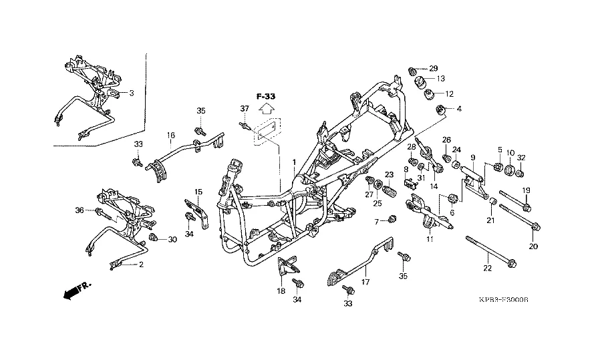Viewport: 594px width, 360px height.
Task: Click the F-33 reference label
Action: [x=265, y=96]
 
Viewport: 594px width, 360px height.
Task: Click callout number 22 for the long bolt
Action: [x=487, y=268]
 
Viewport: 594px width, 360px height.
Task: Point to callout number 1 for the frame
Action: [x=293, y=162]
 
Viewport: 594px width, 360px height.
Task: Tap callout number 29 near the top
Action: [x=433, y=69]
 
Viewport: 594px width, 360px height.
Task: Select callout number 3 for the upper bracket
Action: [x=132, y=93]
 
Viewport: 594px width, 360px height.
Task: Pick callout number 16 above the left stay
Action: [x=171, y=136]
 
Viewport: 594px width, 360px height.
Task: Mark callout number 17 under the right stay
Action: [x=365, y=283]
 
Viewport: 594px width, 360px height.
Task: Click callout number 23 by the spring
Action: [x=388, y=175]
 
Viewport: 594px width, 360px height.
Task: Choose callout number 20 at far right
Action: [x=533, y=246]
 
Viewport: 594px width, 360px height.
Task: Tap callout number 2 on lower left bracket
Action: [x=141, y=264]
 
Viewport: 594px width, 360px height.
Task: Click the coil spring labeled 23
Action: [x=390, y=188]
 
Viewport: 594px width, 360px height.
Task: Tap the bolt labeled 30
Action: [x=154, y=238]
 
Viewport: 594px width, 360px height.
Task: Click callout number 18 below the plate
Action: [x=281, y=291]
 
